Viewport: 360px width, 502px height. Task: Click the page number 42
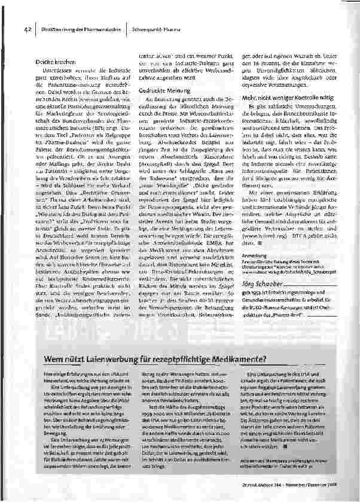click(27, 28)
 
